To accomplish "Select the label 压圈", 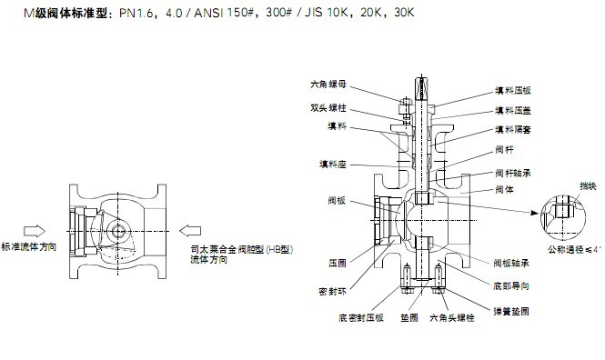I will (336, 262).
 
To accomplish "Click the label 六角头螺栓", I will (452, 318).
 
